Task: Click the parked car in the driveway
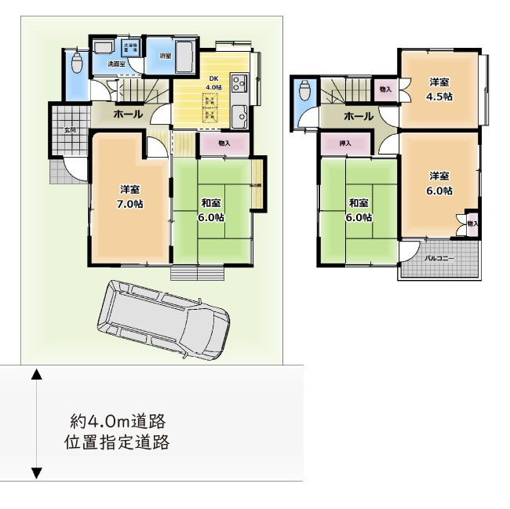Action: click(164, 321)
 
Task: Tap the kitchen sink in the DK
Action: click(239, 116)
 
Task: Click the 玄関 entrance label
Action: click(69, 130)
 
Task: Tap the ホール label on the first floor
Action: click(128, 115)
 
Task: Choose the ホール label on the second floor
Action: click(358, 117)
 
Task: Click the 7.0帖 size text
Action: click(130, 204)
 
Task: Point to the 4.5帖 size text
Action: click(439, 97)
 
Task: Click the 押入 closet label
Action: click(345, 144)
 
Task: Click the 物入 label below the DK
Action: click(224, 144)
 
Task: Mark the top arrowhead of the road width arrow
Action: click(36, 374)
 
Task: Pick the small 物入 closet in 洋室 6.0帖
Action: click(472, 224)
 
